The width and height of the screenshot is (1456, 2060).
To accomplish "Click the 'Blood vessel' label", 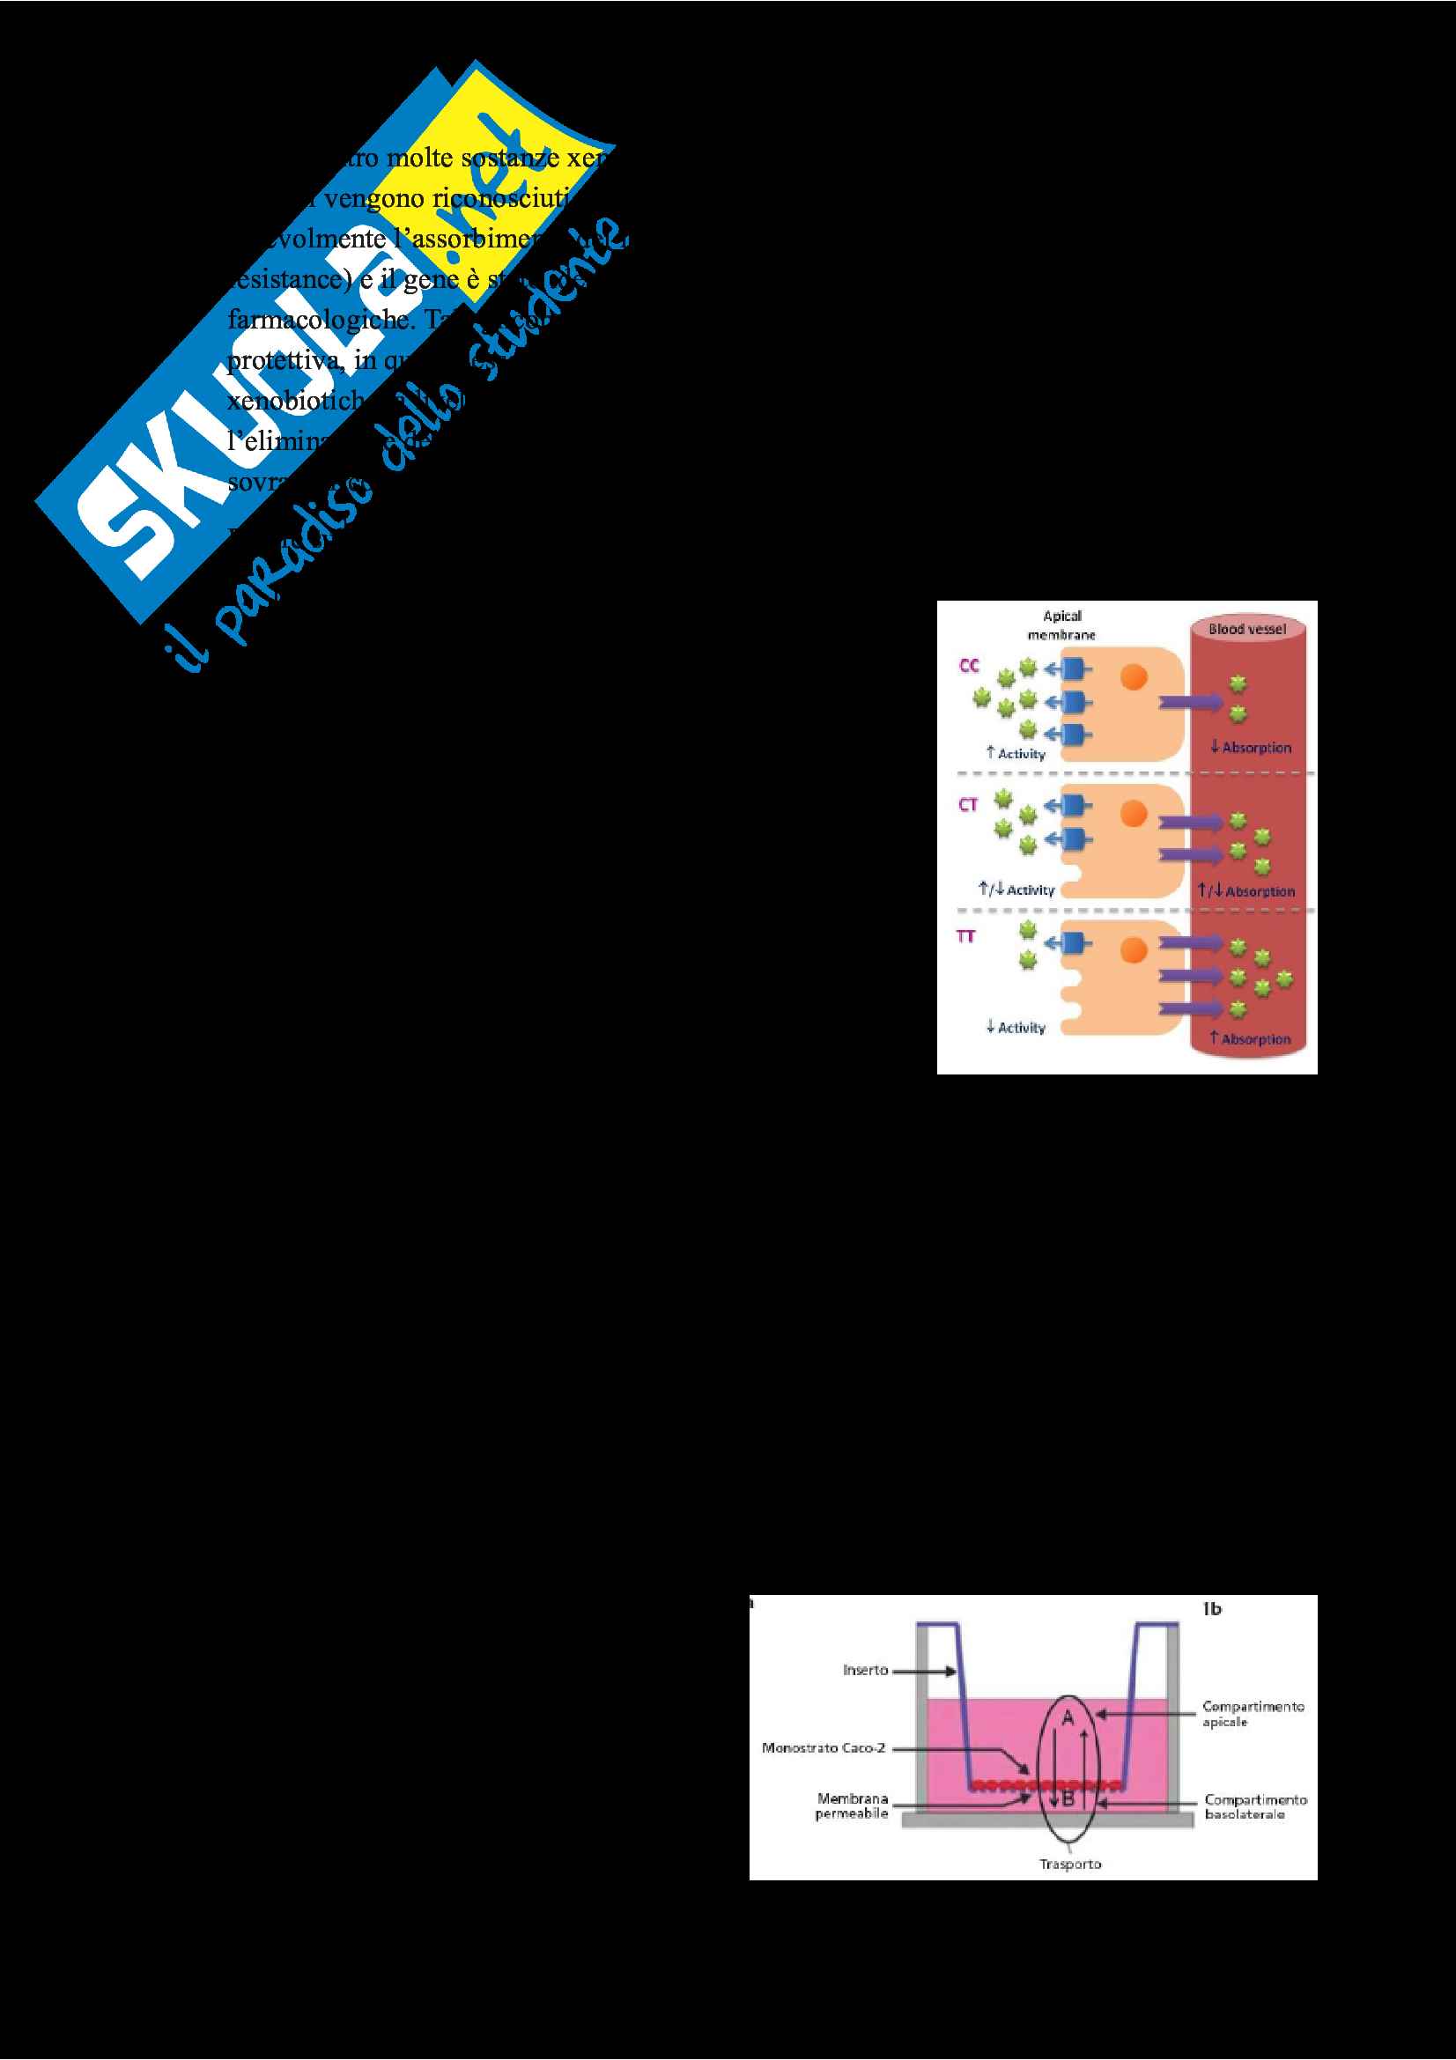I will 1247,629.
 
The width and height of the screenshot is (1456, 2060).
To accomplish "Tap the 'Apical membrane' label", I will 1061,624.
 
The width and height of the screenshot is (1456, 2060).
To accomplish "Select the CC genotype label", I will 969,666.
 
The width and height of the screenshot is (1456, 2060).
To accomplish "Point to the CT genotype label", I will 968,805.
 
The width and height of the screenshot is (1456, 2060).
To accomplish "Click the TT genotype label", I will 965,937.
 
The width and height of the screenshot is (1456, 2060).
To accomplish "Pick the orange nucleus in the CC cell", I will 1134,677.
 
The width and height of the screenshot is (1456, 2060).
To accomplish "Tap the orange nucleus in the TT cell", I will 1134,949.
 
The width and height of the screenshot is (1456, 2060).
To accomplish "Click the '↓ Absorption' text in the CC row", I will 1251,748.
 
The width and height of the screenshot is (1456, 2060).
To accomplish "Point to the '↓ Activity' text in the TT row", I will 1016,1027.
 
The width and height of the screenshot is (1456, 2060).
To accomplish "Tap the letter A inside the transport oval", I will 1068,1718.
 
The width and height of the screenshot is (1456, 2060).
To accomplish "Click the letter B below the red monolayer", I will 1068,1798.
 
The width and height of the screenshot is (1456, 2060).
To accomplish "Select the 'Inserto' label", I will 865,1670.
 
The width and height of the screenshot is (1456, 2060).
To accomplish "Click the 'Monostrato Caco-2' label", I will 823,1746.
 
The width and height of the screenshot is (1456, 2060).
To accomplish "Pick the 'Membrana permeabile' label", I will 852,1805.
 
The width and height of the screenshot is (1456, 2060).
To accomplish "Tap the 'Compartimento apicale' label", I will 1253,1713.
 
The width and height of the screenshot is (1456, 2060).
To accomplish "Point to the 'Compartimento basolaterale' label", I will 1255,1806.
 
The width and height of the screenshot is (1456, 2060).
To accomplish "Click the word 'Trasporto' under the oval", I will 1069,1864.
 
